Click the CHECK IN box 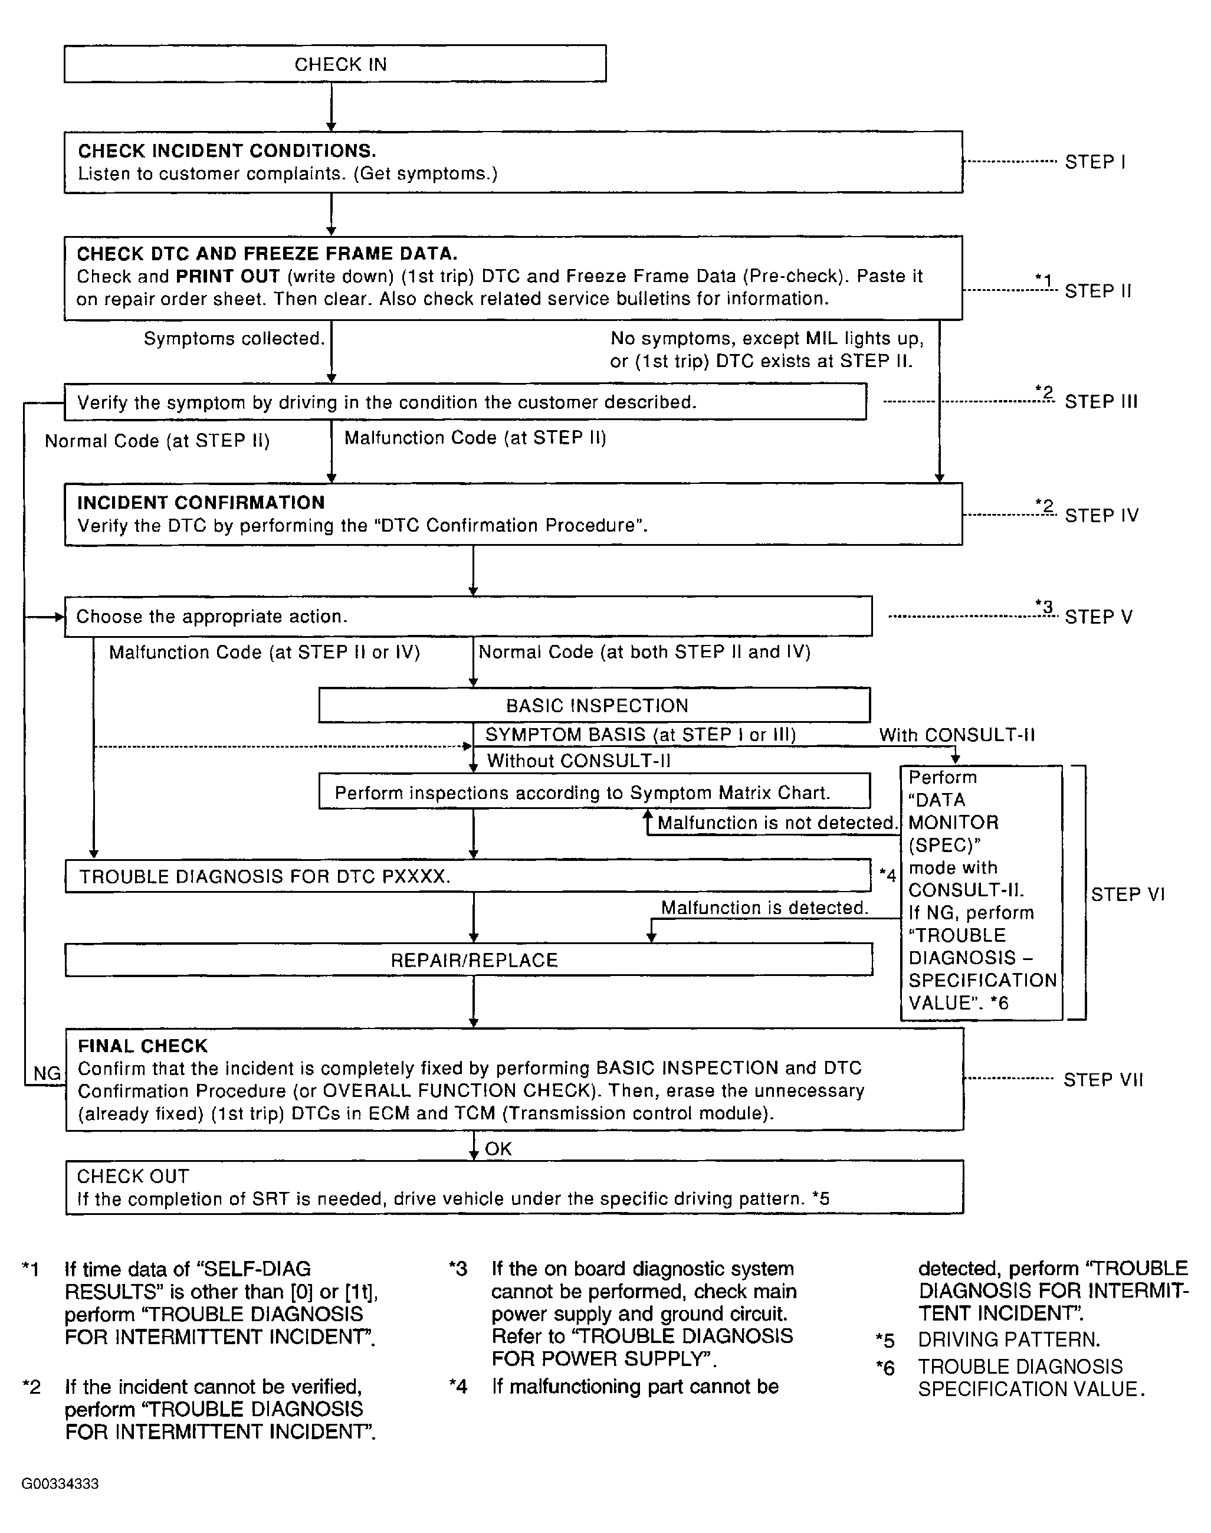[334, 64]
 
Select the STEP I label [1095, 162]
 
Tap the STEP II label [1098, 291]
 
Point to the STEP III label [1100, 402]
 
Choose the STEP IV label [1101, 516]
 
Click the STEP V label [1098, 617]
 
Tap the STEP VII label [1102, 1080]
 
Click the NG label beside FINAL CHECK [47, 1073]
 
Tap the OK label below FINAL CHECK [498, 1149]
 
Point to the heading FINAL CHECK [143, 1046]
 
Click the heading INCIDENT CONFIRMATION [201, 503]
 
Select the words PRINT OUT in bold [228, 276]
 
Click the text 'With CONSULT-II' [956, 735]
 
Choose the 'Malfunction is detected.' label [764, 908]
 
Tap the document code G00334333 [60, 1483]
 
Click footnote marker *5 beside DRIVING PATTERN [885, 1340]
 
